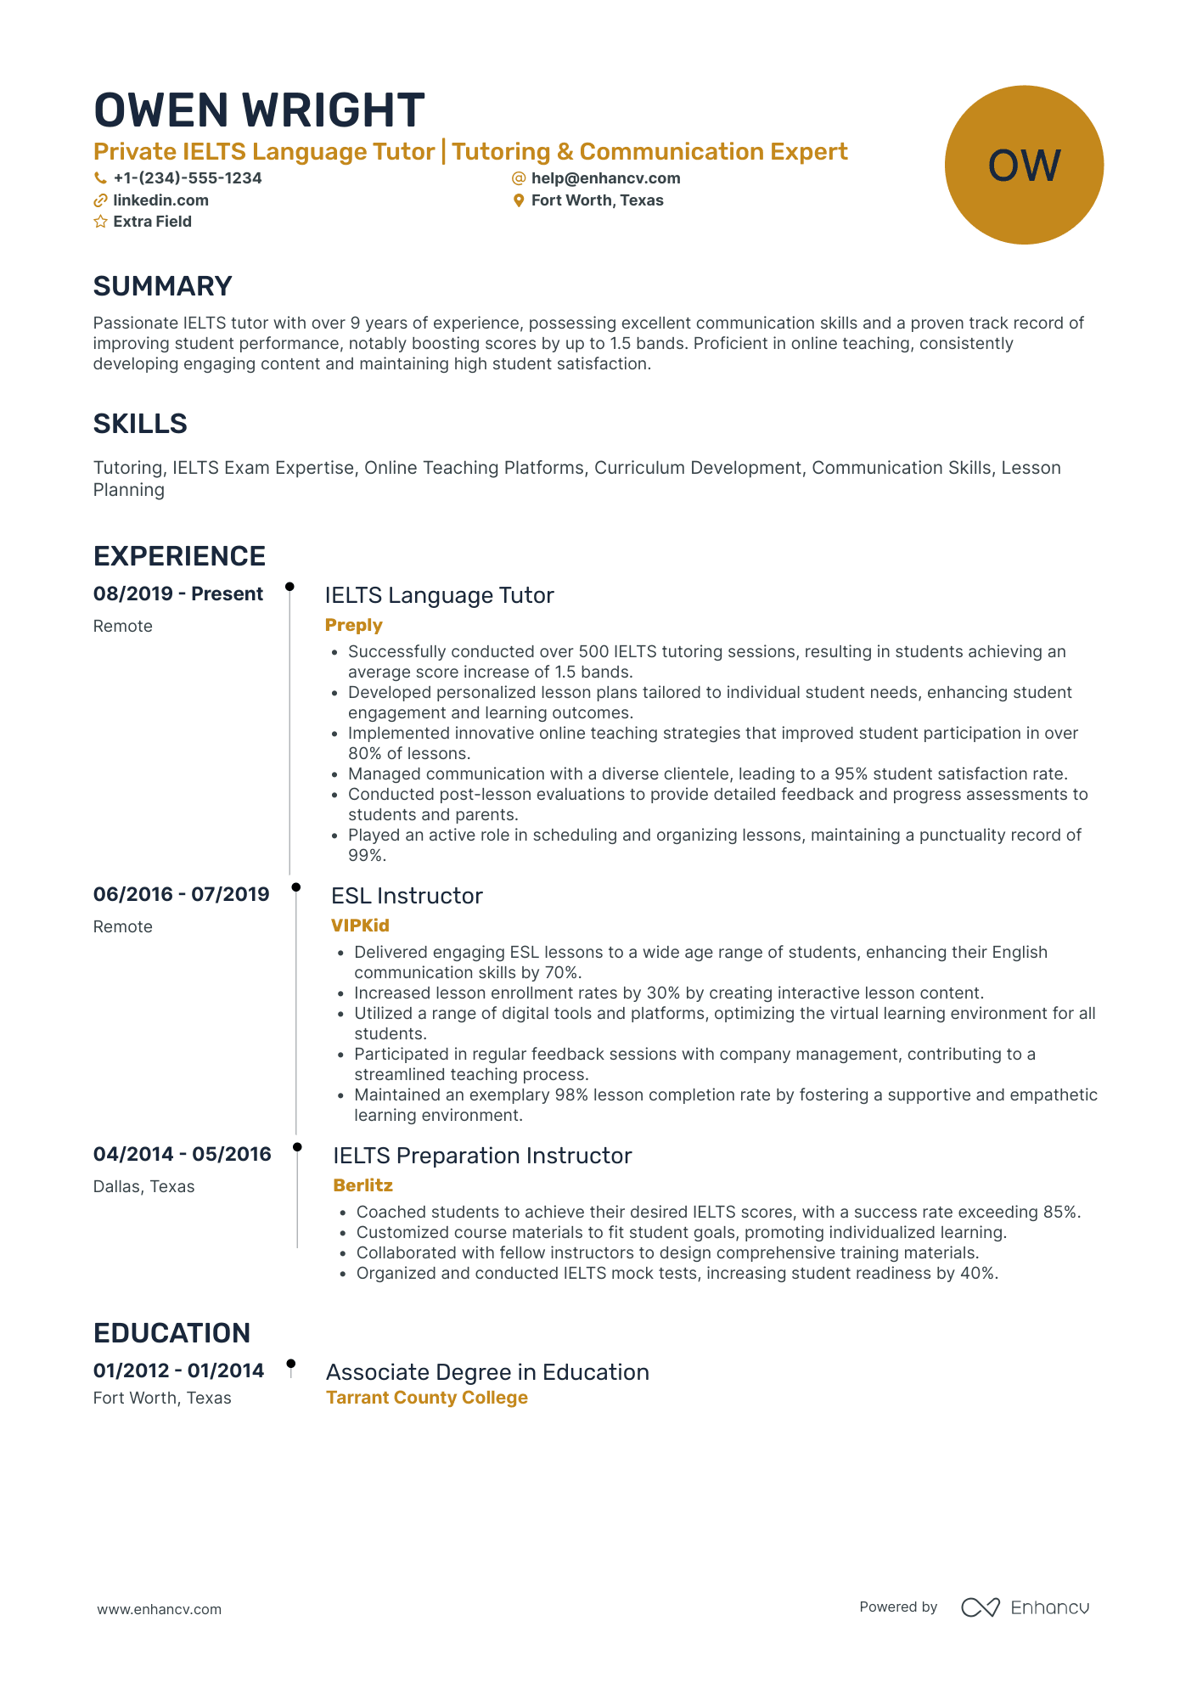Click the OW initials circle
pyautogui.click(x=1024, y=165)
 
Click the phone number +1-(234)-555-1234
pyautogui.click(x=187, y=178)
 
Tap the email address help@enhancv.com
pyautogui.click(x=605, y=178)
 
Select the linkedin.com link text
pyautogui.click(x=160, y=200)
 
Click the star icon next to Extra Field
pyautogui.click(x=100, y=222)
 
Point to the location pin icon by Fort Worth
pyautogui.click(x=519, y=200)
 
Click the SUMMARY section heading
pyautogui.click(x=162, y=286)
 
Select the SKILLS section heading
pyautogui.click(x=140, y=424)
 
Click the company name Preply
pyautogui.click(x=353, y=625)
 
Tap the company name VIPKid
pyautogui.click(x=360, y=926)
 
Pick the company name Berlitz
pyautogui.click(x=362, y=1185)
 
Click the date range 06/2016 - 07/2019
pyautogui.click(x=181, y=894)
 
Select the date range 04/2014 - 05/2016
pyautogui.click(x=182, y=1154)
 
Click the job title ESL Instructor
pyautogui.click(x=407, y=896)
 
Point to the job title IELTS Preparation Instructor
pyautogui.click(x=482, y=1156)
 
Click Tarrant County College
pyautogui.click(x=427, y=1398)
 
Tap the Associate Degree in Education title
pyautogui.click(x=487, y=1372)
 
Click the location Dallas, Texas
pyautogui.click(x=143, y=1186)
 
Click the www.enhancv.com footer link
pyautogui.click(x=159, y=1609)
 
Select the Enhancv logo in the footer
pyautogui.click(x=1025, y=1607)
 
